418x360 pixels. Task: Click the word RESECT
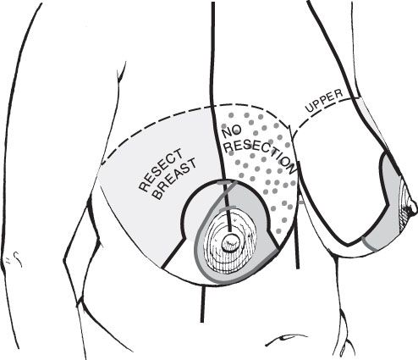pos(161,170)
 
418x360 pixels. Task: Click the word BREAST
pos(175,179)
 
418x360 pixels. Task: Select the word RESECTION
pos(261,156)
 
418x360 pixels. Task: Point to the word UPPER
pos(324,101)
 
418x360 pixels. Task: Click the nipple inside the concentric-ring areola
pos(230,242)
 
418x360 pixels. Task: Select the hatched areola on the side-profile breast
pos(404,208)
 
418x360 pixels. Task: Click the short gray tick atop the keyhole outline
pos(226,183)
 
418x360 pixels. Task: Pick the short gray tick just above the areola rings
pos(228,208)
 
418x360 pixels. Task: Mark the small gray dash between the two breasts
pos(301,202)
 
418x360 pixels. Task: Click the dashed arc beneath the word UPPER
pos(322,110)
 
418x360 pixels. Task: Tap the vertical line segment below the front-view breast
pos(202,303)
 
